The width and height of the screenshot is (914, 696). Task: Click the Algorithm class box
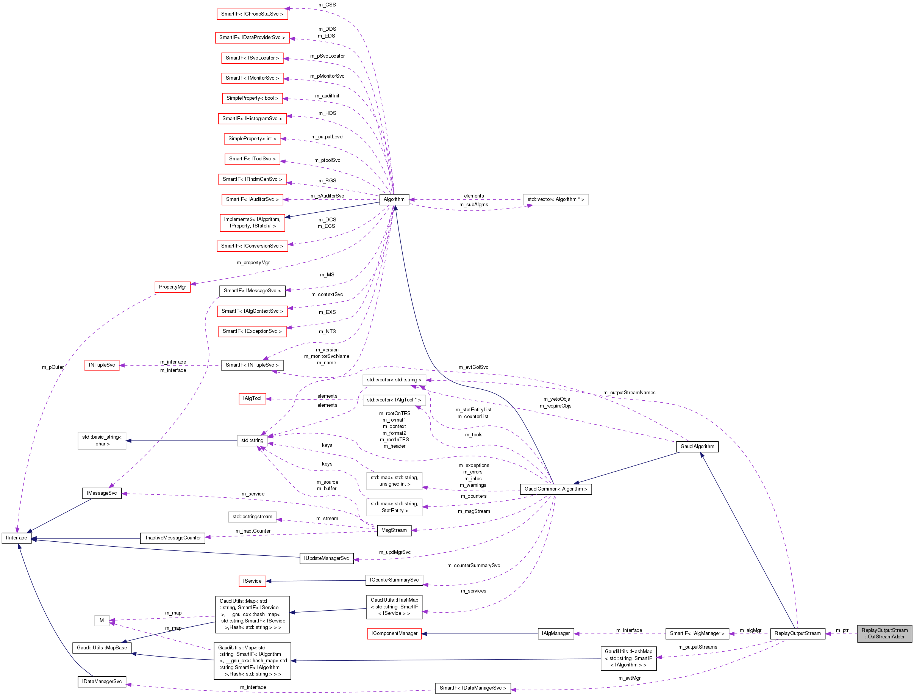pos(394,199)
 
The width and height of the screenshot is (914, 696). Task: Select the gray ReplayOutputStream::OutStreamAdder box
pos(884,633)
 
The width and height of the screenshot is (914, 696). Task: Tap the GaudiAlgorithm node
pos(697,446)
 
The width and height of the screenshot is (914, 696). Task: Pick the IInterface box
pos(17,538)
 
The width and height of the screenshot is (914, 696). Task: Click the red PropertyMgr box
pos(172,287)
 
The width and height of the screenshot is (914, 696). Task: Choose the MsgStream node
pos(394,530)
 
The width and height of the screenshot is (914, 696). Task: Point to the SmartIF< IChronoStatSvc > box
pos(252,14)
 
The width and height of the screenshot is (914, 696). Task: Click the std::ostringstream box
pos(252,517)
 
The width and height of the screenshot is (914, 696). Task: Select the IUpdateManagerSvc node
pos(326,558)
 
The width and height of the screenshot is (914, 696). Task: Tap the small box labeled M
pos(102,621)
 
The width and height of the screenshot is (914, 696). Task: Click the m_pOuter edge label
pos(53,367)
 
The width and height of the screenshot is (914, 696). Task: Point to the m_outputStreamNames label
pos(629,392)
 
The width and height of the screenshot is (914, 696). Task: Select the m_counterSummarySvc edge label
pos(473,566)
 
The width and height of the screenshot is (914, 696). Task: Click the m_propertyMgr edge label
pos(253,263)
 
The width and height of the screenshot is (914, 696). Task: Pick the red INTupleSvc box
pos(102,365)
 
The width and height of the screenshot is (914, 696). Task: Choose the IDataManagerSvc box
pos(102,682)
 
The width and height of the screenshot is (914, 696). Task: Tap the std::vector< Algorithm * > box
pos(556,199)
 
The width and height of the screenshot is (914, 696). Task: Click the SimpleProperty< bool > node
pos(252,98)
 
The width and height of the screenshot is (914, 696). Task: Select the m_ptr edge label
pos(842,630)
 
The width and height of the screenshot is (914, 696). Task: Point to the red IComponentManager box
pos(394,633)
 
